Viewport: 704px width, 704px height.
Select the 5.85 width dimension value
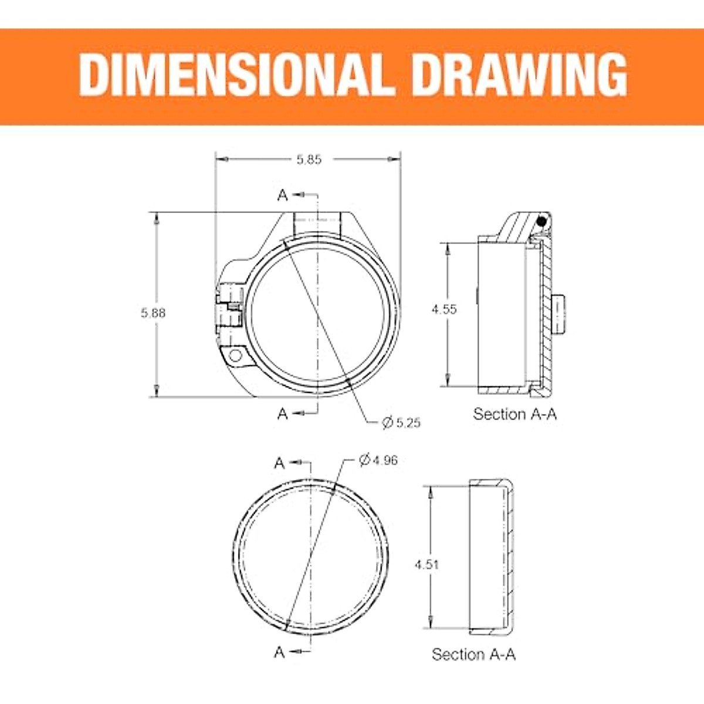309,160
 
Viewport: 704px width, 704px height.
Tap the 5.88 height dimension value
153,313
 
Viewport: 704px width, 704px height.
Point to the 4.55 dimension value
444,309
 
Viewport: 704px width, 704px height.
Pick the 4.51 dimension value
427,564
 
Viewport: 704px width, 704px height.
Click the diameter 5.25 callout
401,423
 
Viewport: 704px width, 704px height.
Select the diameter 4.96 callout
378,460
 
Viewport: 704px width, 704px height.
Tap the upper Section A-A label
515,414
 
